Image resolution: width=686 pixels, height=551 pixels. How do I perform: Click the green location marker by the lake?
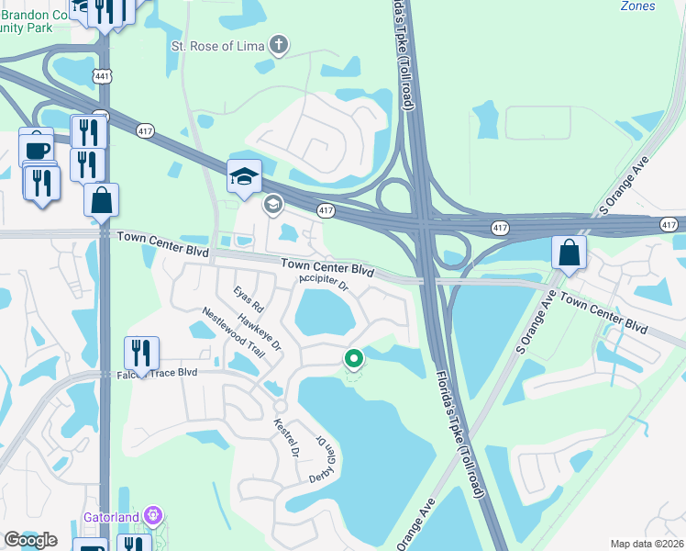coord(353,359)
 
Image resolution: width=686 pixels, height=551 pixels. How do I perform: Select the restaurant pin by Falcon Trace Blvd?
coord(141,353)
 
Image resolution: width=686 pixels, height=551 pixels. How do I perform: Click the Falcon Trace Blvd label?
coord(158,373)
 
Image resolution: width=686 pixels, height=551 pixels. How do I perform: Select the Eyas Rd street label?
coord(248,299)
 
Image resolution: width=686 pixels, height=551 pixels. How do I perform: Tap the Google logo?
coord(30,540)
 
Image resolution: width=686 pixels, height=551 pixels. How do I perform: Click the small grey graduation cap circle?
coord(272,204)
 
